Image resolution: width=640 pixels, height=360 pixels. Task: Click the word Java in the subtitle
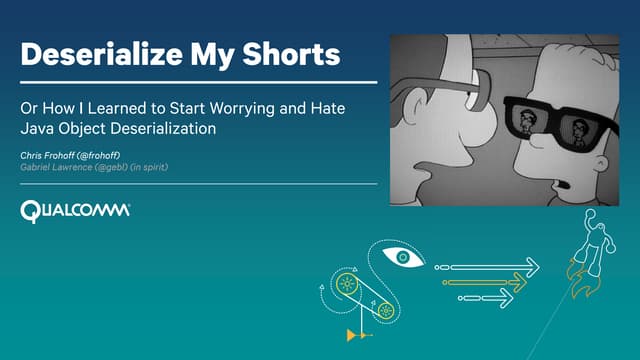[38, 128]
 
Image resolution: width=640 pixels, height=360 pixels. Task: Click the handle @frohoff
[106, 155]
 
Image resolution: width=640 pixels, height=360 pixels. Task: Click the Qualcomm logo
[75, 210]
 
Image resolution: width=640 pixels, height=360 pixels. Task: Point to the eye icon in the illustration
[403, 258]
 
